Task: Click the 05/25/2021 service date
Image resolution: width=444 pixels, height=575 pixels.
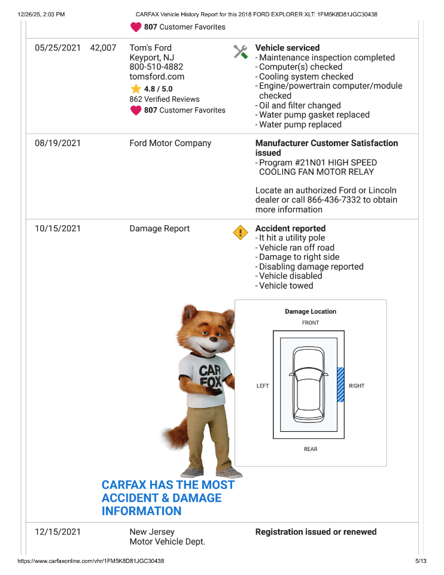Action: [57, 48]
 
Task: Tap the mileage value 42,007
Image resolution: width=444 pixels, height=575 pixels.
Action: [103, 48]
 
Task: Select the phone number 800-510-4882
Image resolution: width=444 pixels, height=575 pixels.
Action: [156, 67]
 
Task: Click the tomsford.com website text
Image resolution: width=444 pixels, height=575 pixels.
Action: [157, 77]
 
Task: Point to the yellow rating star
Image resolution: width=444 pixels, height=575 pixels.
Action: [136, 89]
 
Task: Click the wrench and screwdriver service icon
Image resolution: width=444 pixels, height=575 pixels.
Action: [241, 52]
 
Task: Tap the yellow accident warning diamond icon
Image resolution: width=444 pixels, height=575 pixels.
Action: [240, 232]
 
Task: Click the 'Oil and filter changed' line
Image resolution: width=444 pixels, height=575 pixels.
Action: [300, 105]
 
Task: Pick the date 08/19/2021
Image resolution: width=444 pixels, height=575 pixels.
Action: [57, 143]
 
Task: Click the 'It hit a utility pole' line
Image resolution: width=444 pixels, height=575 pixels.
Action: [292, 238]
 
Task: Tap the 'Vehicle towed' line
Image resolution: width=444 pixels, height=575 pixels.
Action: [286, 286]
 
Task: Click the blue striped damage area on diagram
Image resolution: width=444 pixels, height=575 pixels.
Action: [341, 385]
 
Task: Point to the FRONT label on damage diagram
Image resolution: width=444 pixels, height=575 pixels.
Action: [311, 323]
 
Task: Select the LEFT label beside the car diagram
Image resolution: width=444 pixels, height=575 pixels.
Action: [263, 386]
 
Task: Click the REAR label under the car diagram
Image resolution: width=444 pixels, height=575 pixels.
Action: [311, 449]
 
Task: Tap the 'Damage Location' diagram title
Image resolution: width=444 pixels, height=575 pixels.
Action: [311, 311]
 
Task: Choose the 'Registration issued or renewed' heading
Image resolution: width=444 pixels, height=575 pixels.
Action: [316, 532]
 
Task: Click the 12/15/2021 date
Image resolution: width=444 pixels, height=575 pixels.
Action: [57, 532]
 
